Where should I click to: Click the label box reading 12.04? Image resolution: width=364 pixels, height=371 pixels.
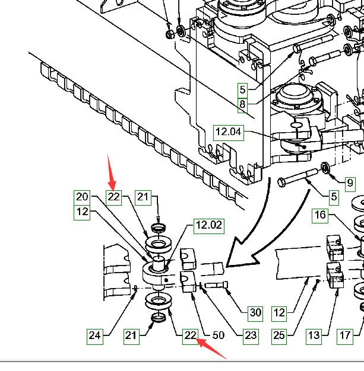tap(229, 132)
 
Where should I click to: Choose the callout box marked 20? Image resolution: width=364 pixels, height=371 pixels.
tap(82, 197)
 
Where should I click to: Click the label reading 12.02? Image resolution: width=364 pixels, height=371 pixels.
tap(208, 225)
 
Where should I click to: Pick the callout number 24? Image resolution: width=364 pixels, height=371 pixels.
tap(95, 335)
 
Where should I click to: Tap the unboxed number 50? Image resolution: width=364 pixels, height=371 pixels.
tap(218, 335)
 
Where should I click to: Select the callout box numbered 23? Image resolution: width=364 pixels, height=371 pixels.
tap(251, 335)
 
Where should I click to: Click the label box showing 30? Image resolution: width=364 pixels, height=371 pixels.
tap(255, 312)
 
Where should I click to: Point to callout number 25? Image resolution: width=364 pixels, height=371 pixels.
tap(279, 335)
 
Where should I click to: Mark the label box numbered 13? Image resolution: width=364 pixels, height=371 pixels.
tap(314, 335)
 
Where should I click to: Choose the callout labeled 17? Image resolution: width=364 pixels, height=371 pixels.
tap(345, 335)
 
